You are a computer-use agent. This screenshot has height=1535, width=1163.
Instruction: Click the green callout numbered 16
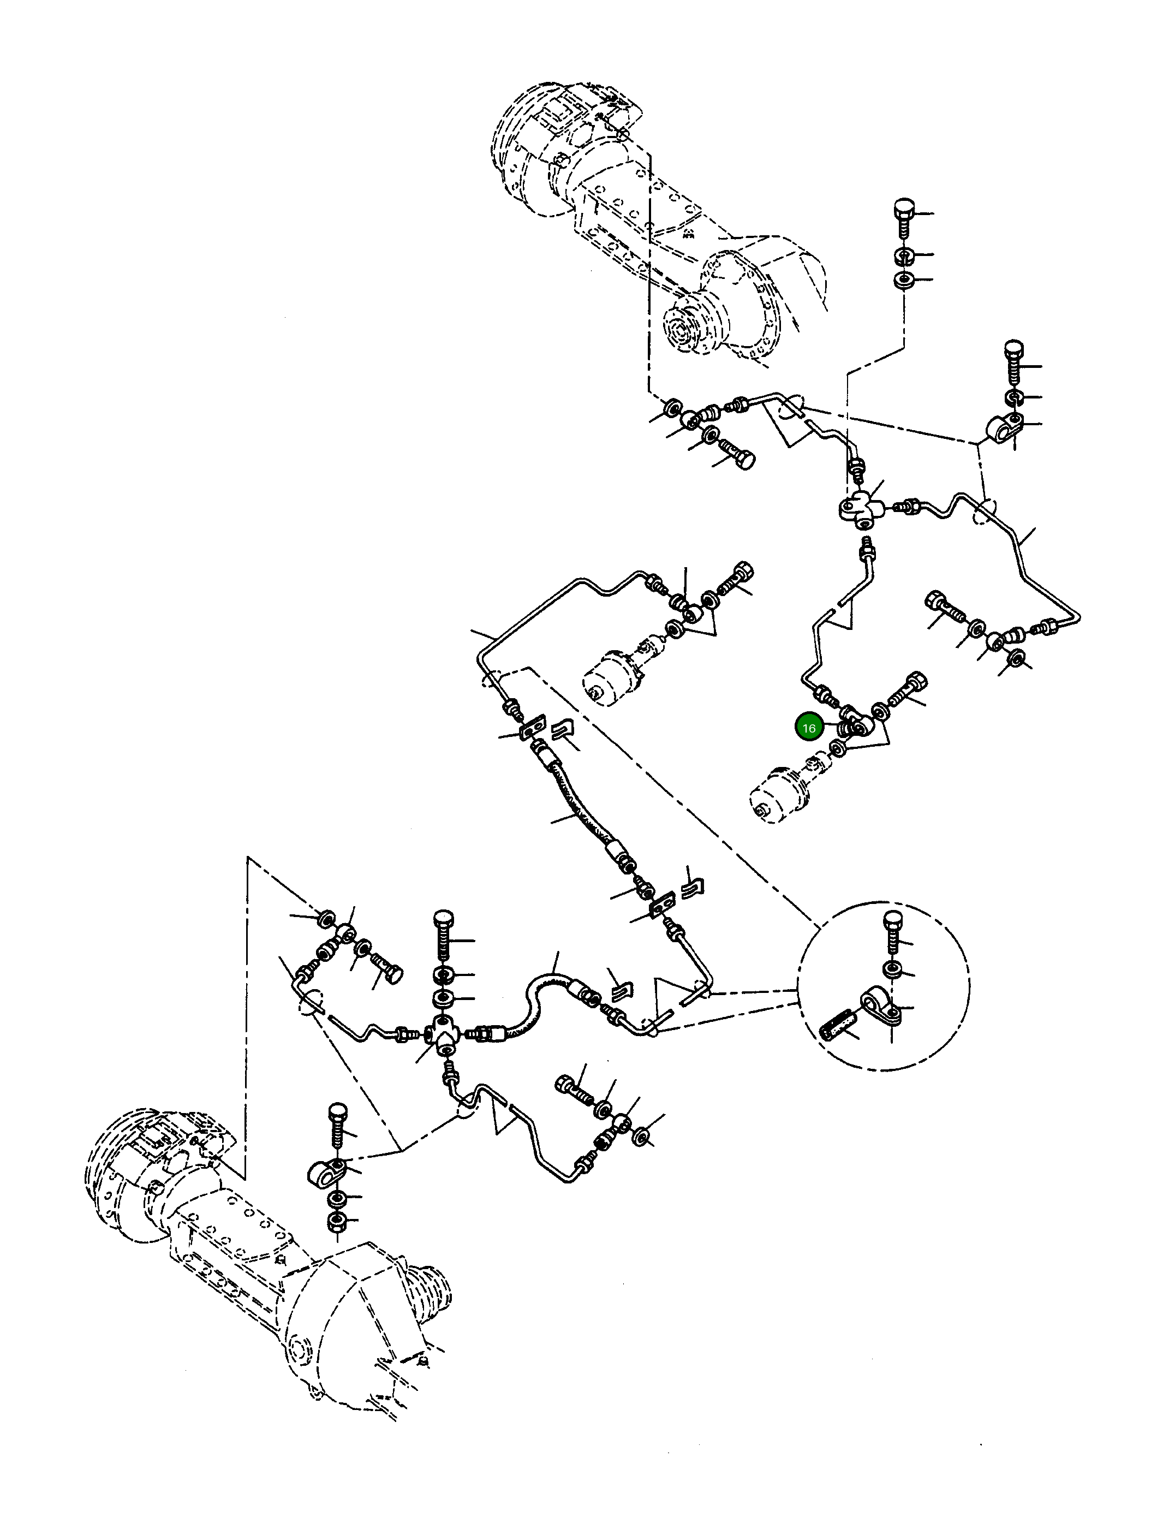click(x=808, y=728)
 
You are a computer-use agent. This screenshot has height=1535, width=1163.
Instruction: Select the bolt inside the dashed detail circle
click(x=894, y=933)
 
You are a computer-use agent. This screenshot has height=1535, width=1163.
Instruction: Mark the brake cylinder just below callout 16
click(x=780, y=793)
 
